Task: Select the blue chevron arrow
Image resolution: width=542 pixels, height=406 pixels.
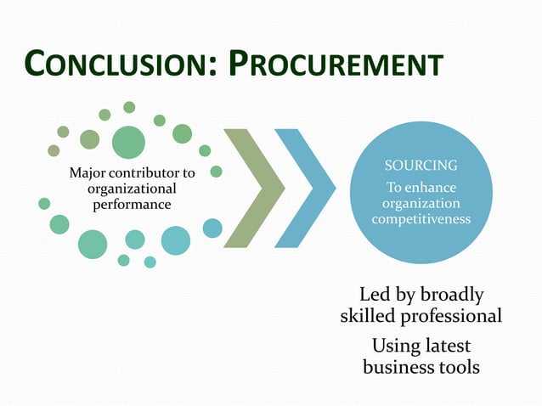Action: (x=303, y=188)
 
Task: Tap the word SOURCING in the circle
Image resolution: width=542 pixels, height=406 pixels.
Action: (x=421, y=165)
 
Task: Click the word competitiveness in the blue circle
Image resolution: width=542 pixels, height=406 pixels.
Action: (x=421, y=220)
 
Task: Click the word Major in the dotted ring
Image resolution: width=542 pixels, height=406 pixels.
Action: (x=87, y=173)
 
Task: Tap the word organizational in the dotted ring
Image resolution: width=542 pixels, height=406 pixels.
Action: (x=132, y=189)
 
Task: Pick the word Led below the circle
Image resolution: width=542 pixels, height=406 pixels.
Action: (x=375, y=295)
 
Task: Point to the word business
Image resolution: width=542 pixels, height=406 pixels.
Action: (x=397, y=367)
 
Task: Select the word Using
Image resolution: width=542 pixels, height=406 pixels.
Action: (x=392, y=347)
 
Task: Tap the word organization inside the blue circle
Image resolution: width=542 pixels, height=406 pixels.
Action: (x=421, y=204)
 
